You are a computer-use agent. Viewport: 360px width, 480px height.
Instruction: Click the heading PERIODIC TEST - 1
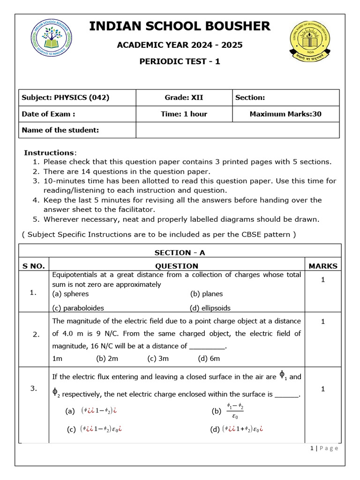tap(180, 61)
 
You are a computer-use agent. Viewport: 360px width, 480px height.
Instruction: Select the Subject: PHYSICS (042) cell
tap(66, 97)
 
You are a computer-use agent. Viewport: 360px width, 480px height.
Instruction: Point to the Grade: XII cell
tap(184, 97)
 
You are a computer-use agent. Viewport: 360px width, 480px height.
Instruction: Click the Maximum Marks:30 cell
tap(285, 114)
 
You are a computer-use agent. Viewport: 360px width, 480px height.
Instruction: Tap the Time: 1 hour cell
tap(184, 114)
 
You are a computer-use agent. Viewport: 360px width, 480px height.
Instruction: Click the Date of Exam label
tap(48, 114)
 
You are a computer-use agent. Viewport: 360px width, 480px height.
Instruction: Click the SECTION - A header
tap(180, 253)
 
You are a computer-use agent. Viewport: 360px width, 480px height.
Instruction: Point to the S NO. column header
tap(34, 266)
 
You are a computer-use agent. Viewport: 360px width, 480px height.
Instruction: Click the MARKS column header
tap(322, 266)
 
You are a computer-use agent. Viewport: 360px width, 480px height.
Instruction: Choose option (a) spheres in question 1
tap(70, 294)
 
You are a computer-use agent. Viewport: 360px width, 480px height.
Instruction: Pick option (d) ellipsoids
tap(210, 308)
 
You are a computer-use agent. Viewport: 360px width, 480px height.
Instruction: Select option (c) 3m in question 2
tap(158, 359)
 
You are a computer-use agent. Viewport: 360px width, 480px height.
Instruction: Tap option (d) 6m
tap(209, 359)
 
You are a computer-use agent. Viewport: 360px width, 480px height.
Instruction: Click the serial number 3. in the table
tap(33, 388)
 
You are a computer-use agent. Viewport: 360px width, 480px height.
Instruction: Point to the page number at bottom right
tap(324, 448)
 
